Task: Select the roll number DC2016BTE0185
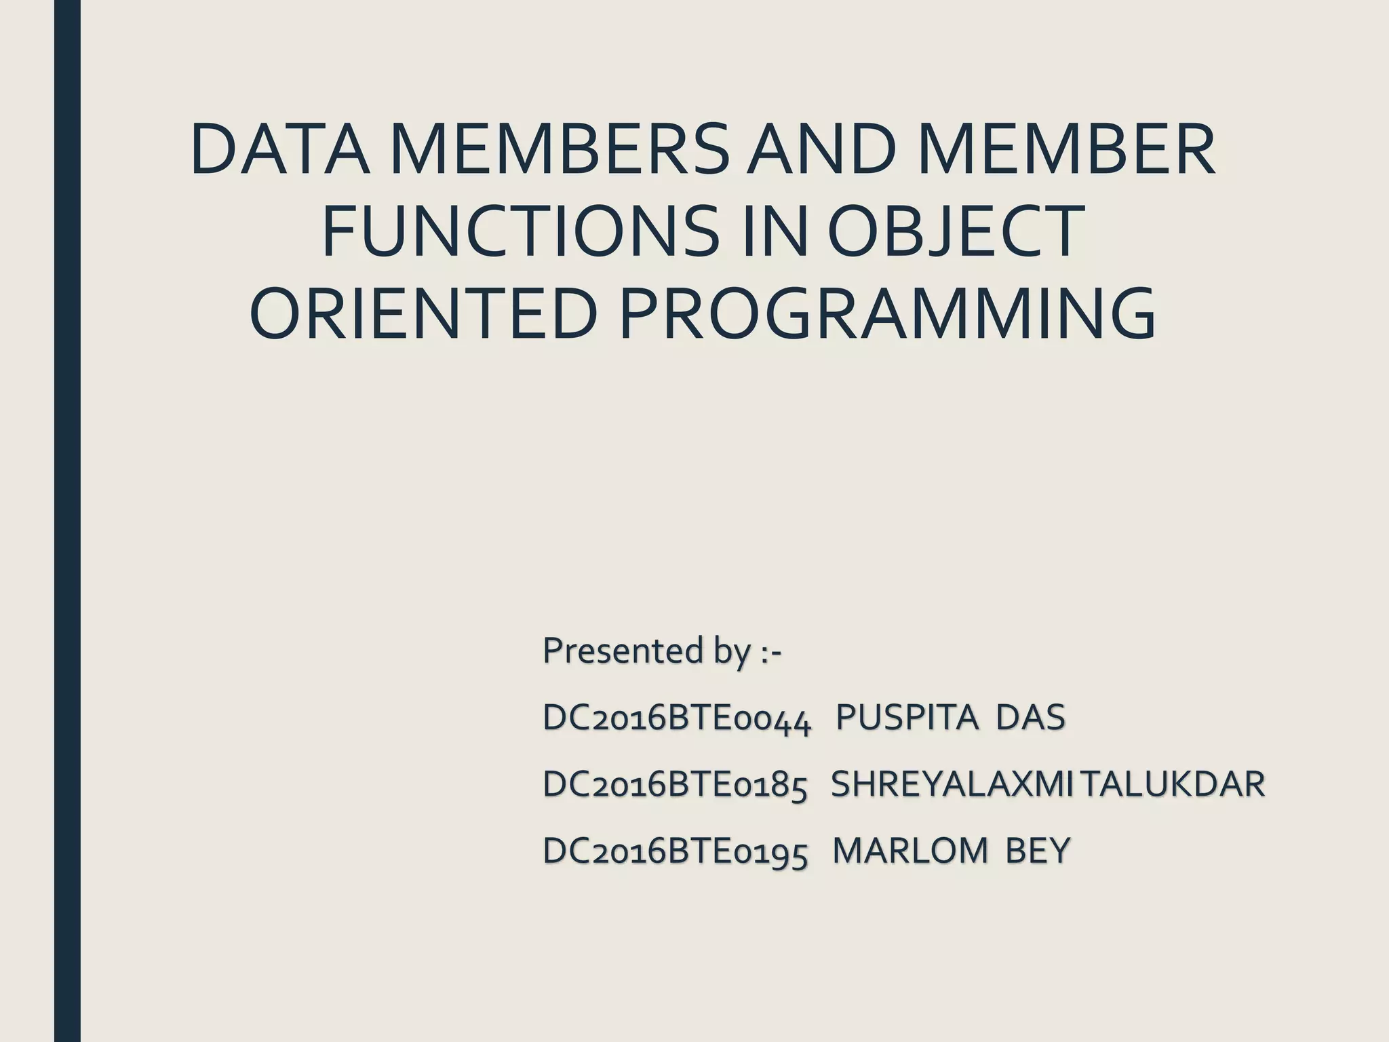(675, 785)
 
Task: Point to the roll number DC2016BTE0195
(675, 851)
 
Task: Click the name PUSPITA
(907, 718)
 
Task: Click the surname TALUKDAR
(1173, 784)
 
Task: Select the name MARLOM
(909, 851)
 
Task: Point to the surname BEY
(1038, 851)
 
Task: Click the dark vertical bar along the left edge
(67, 521)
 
